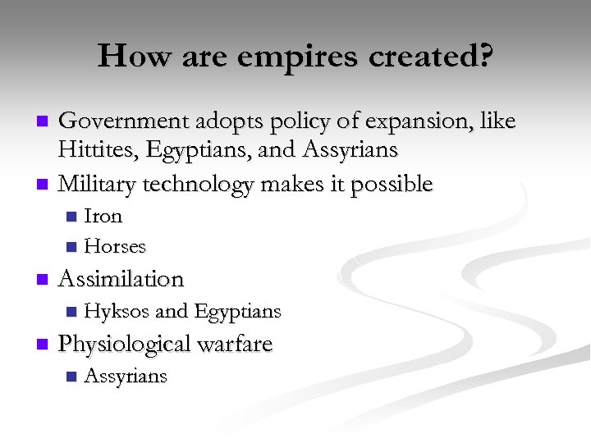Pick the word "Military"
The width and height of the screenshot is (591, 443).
(98, 184)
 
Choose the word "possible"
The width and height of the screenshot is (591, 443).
(391, 184)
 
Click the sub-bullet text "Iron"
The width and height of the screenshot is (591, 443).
(103, 217)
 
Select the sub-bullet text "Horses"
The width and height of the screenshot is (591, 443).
(115, 246)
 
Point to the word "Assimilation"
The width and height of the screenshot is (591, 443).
(121, 279)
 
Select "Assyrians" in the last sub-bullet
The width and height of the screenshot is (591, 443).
(126, 377)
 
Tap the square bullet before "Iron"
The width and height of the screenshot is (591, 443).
(71, 217)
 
